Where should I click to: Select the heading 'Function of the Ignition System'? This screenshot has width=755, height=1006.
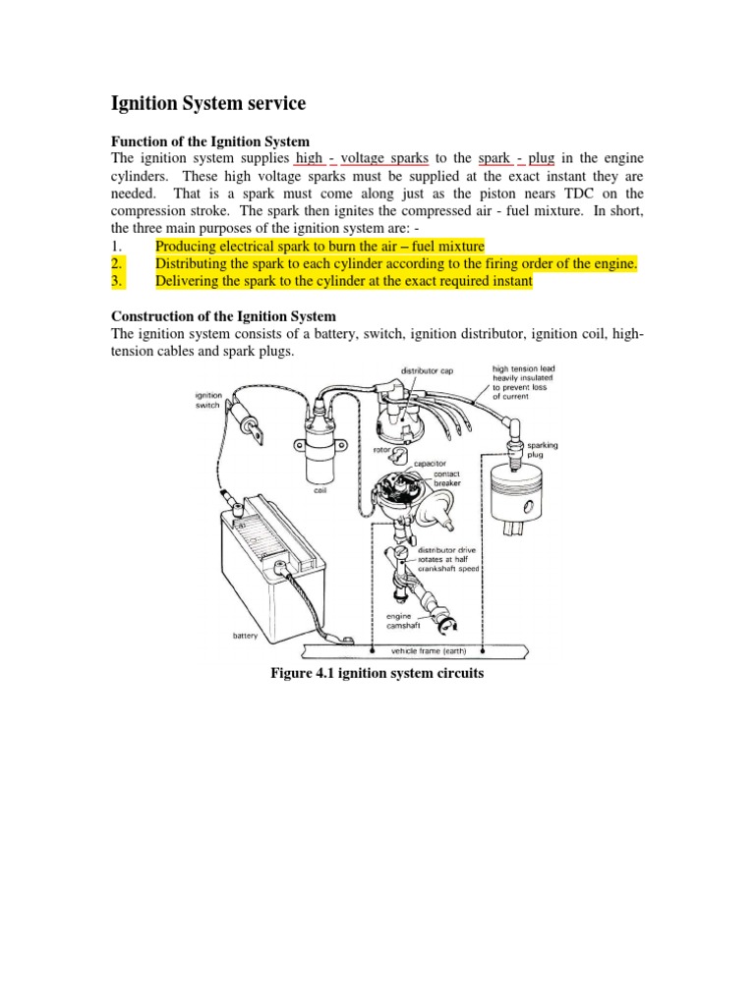[209, 143]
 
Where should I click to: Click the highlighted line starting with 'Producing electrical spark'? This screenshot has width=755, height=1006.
[319, 245]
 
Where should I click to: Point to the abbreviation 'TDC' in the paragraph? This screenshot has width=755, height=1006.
[590, 193]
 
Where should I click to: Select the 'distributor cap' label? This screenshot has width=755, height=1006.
[425, 371]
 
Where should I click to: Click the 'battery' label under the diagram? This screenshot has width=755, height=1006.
[245, 636]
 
